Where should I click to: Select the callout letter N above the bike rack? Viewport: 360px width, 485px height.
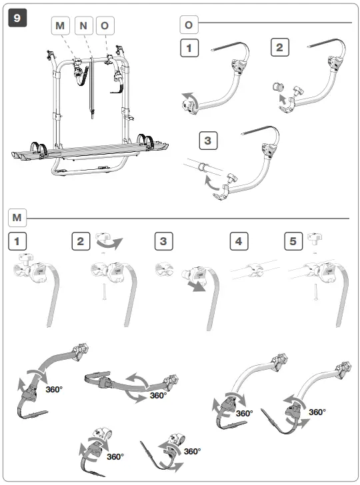pos(83,25)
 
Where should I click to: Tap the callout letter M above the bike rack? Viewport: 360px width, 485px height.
pos(61,25)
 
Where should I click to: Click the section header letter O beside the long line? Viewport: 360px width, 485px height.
pos(189,25)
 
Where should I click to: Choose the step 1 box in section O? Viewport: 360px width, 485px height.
pos(190,48)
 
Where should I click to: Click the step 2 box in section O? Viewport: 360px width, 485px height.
pos(281,48)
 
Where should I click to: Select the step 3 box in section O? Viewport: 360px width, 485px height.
pos(209,141)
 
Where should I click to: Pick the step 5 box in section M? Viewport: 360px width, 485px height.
pos(293,241)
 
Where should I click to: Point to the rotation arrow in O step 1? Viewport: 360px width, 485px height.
pos(189,102)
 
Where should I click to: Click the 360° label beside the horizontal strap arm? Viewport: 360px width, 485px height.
pos(158,395)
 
